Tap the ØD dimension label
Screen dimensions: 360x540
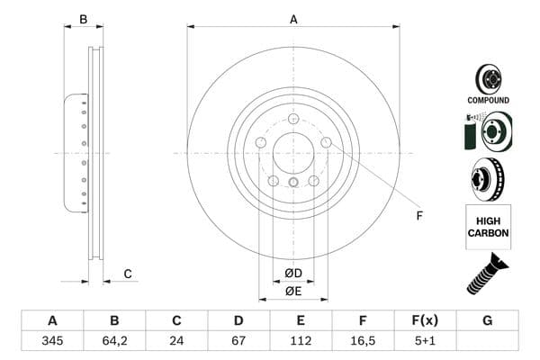[x=293, y=273]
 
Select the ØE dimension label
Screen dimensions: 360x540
[x=293, y=291]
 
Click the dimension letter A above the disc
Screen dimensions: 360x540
[x=293, y=19]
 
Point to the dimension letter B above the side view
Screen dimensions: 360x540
[x=83, y=19]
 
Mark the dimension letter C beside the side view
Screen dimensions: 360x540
[x=128, y=274]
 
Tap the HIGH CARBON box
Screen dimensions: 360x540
[x=488, y=226]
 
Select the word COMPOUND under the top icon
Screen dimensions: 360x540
[x=488, y=100]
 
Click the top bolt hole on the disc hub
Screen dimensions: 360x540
[x=293, y=119]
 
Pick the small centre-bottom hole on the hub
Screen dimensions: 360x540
[x=293, y=184]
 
